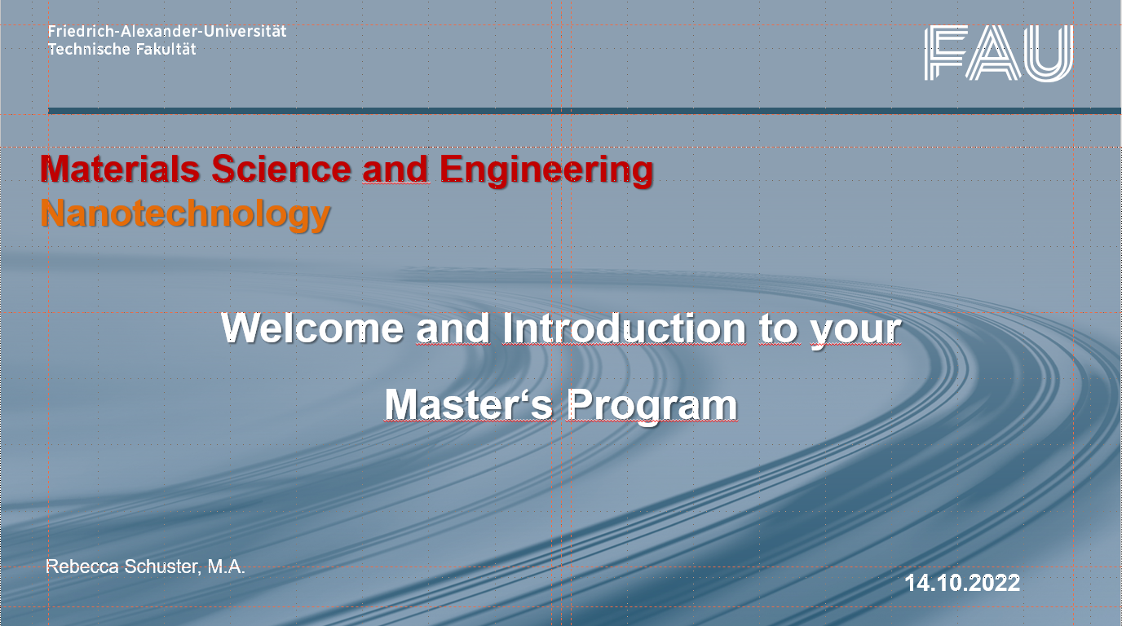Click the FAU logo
pos(998,53)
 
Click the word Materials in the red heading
pos(120,169)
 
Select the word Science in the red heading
pos(281,169)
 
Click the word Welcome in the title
pos(312,328)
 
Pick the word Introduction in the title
pos(625,328)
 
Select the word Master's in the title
pos(469,404)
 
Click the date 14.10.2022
pos(962,584)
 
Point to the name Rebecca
pos(82,566)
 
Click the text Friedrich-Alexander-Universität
pos(167,31)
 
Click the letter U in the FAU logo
pos(1049,54)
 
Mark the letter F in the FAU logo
pos(945,53)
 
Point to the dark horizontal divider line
pos(585,111)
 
